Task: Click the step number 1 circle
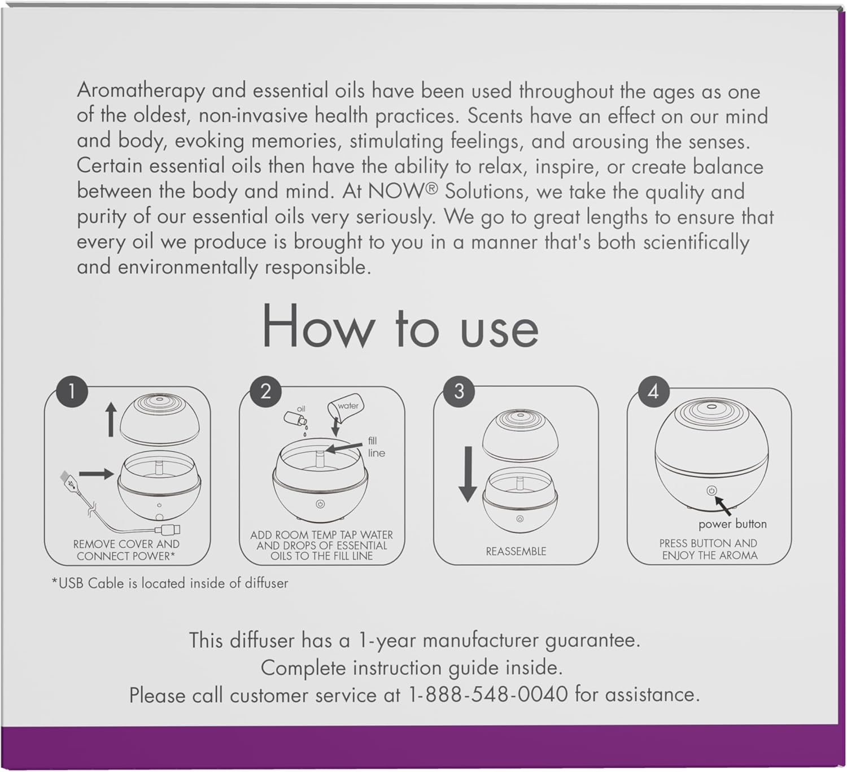point(72,391)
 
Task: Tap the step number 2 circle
point(265,391)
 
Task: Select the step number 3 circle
point(459,391)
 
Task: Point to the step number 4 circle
point(653,391)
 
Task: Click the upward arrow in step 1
point(111,420)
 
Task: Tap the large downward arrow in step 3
point(468,474)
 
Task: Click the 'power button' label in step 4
point(732,524)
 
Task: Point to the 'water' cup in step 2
point(345,406)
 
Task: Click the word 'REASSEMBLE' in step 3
point(516,551)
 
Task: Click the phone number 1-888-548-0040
point(488,695)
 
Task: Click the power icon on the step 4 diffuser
point(711,490)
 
